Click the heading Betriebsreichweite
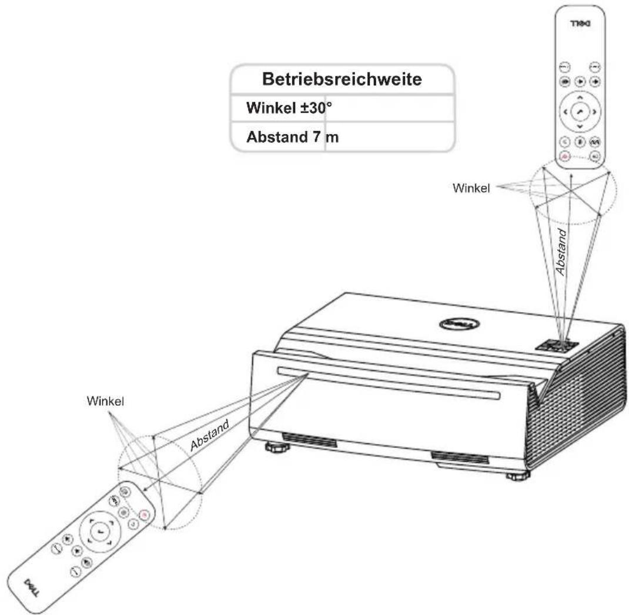click(342, 79)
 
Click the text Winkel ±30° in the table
click(289, 108)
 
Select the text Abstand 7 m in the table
click(292, 137)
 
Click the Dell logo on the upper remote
click(580, 24)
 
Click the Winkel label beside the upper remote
click(471, 188)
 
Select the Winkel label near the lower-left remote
click(105, 401)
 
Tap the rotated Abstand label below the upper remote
click(561, 252)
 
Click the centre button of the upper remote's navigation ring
click(580, 112)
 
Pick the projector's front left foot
click(277, 446)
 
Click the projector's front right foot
click(518, 476)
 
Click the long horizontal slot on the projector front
click(389, 383)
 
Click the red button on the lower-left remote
click(144, 514)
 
